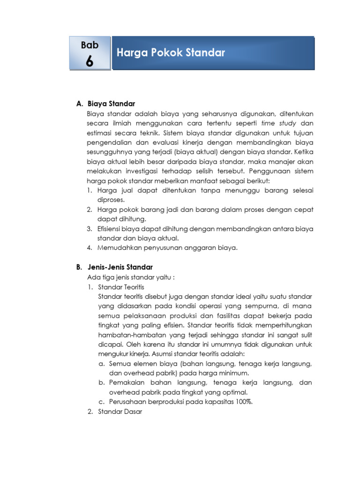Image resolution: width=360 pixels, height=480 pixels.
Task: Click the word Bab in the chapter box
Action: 90,45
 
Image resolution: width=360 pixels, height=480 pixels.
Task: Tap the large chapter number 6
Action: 90,61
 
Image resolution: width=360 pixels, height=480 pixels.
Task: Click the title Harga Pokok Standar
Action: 171,53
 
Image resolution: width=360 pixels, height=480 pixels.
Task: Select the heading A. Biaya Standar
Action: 105,104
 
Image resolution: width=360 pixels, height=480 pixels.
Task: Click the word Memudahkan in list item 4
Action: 119,247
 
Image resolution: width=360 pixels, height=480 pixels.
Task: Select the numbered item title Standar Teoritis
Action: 121,286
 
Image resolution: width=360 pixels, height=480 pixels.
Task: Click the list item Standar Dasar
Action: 120,412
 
